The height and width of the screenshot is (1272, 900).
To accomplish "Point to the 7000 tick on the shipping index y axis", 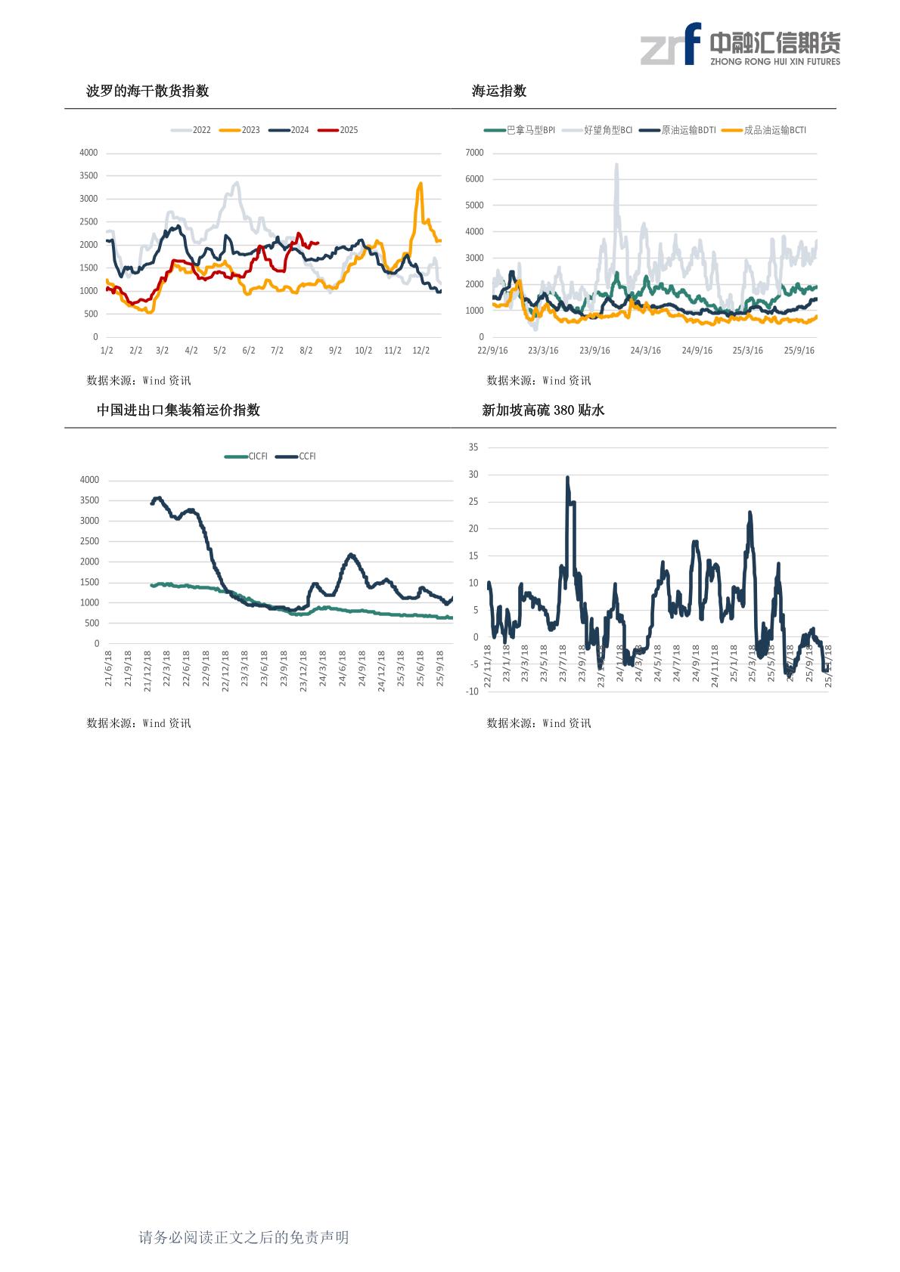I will click(475, 153).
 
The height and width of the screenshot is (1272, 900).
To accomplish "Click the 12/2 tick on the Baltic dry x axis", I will click(421, 351).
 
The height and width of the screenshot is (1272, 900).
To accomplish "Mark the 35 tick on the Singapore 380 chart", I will click(473, 447).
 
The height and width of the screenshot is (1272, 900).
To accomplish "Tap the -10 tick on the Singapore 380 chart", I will click(472, 692).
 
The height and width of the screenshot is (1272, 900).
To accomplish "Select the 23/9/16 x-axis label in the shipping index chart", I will click(594, 351).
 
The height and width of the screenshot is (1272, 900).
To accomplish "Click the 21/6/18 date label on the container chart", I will click(108, 668).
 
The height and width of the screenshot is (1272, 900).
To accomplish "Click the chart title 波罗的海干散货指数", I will click(147, 91).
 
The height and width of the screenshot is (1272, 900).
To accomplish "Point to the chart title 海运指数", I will click(499, 91).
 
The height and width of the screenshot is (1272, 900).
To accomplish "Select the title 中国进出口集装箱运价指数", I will click(178, 410).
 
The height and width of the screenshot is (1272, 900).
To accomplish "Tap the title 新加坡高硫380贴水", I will click(543, 410).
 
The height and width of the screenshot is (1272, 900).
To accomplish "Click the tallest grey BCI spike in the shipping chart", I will click(616, 165).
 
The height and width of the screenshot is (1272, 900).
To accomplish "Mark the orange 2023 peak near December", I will click(421, 184).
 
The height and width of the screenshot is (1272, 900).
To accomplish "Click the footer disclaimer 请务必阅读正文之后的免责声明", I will click(244, 1237).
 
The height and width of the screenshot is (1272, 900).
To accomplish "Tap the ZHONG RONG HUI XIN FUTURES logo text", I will click(775, 62).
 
